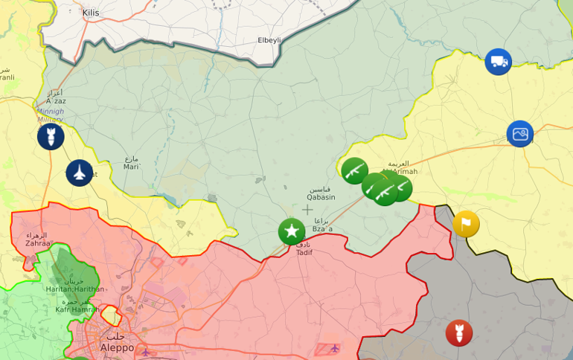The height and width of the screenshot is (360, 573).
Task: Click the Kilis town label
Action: point(91,13)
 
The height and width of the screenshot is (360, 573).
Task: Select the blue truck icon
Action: point(498,62)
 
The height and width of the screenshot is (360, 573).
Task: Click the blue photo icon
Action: point(520,134)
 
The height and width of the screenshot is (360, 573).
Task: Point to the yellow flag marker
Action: point(466,224)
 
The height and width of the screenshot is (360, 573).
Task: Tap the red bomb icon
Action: point(459,332)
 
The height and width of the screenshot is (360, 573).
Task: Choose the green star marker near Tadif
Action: point(292,231)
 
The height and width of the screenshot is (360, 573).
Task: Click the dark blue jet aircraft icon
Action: point(80,173)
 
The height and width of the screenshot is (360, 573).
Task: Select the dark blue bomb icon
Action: point(51,137)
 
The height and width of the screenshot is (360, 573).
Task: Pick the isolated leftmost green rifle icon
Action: point(354,170)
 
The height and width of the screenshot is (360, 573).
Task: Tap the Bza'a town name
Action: point(323,230)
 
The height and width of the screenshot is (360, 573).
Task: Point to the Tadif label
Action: point(304,252)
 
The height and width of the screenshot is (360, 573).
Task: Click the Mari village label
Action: point(131,167)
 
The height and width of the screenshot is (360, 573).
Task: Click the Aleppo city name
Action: point(117,347)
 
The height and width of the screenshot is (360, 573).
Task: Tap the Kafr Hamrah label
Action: point(72,309)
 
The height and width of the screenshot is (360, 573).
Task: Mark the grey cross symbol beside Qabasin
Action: point(307,210)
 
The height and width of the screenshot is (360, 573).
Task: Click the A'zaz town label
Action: point(55,100)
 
